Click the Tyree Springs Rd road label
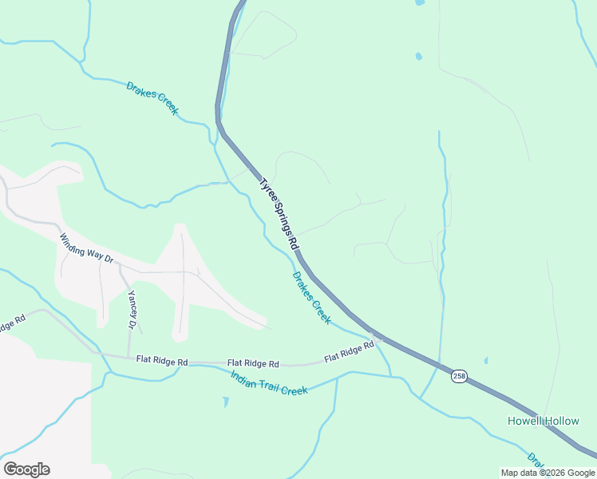click(x=278, y=212)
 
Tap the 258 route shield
click(x=458, y=376)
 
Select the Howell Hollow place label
click(x=544, y=421)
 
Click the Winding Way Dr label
click(x=87, y=249)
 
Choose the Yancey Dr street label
click(x=132, y=309)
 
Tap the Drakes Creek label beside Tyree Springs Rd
click(x=311, y=298)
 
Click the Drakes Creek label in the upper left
click(x=152, y=97)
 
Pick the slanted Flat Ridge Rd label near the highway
click(x=349, y=352)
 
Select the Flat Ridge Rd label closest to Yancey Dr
click(x=161, y=362)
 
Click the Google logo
click(x=26, y=469)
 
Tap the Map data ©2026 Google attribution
click(x=548, y=473)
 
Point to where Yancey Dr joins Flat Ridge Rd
click(x=128, y=356)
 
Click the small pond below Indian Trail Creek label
click(x=225, y=402)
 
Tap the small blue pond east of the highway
click(x=418, y=57)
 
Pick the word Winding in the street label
click(x=74, y=243)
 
